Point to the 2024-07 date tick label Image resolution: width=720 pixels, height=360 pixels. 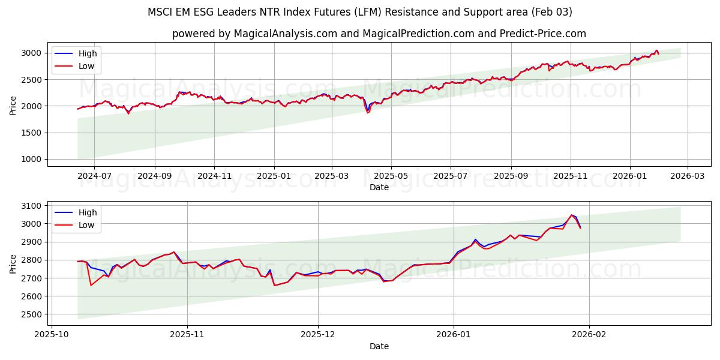94,176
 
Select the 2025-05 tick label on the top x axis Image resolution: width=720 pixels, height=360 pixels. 391,176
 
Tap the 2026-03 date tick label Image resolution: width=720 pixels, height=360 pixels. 687,176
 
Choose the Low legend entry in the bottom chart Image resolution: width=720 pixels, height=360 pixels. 86,225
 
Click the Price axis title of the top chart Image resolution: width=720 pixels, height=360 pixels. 13,105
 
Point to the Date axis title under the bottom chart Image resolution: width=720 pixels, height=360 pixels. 379,346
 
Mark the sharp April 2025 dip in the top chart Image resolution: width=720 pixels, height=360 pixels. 368,112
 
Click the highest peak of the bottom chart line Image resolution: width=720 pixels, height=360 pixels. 571,215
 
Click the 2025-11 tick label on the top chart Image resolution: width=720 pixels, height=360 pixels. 214,176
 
